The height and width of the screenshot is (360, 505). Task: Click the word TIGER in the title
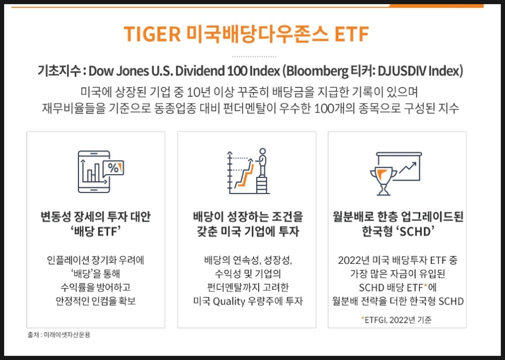point(152,34)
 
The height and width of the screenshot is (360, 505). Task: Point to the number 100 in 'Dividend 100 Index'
point(239,71)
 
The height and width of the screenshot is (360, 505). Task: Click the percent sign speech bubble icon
point(113,167)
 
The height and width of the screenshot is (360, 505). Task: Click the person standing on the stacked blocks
point(262,162)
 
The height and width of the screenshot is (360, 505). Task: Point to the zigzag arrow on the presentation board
point(407,167)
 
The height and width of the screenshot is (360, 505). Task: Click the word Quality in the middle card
point(229,301)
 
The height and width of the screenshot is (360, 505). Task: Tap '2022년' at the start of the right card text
point(353,260)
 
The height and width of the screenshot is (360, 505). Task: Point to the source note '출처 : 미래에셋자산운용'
point(59,335)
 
